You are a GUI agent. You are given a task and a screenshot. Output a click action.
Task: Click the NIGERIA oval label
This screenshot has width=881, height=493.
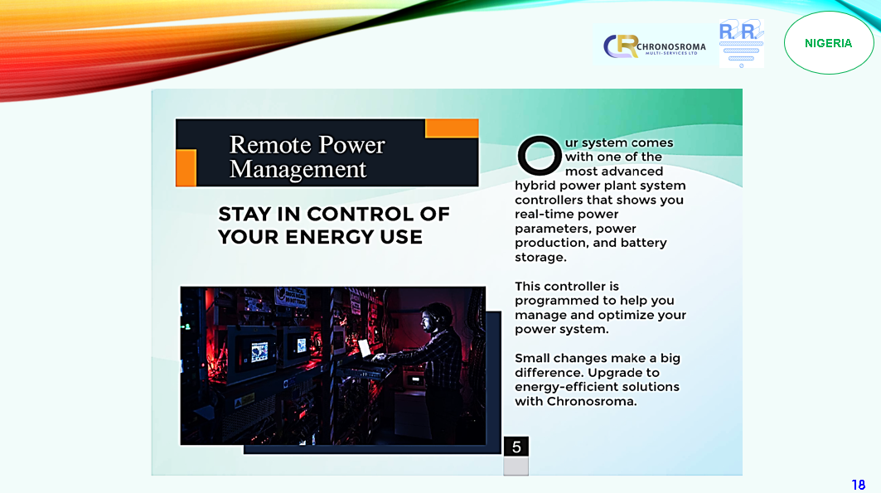[x=828, y=43]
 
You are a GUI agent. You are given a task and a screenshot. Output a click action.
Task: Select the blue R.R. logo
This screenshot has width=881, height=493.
[x=742, y=43]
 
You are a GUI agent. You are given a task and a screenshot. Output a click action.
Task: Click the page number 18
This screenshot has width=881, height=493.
[x=859, y=485]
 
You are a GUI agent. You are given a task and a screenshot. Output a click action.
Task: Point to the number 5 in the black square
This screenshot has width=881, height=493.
[x=516, y=447]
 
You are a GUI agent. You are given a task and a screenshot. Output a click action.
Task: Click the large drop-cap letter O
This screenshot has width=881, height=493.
[x=540, y=156]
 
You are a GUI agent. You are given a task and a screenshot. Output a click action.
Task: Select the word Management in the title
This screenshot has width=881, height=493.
[x=298, y=170]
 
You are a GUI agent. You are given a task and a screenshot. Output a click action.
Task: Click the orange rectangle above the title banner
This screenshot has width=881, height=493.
[x=452, y=128]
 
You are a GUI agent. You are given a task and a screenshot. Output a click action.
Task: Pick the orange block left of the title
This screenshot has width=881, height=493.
[x=186, y=167]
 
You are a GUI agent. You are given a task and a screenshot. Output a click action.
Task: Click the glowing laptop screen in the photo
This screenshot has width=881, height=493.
[x=365, y=349]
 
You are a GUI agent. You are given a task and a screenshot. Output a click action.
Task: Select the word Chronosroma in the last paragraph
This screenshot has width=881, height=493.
[x=591, y=402]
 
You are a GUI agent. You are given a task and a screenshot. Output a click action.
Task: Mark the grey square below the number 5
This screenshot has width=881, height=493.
[x=516, y=466]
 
